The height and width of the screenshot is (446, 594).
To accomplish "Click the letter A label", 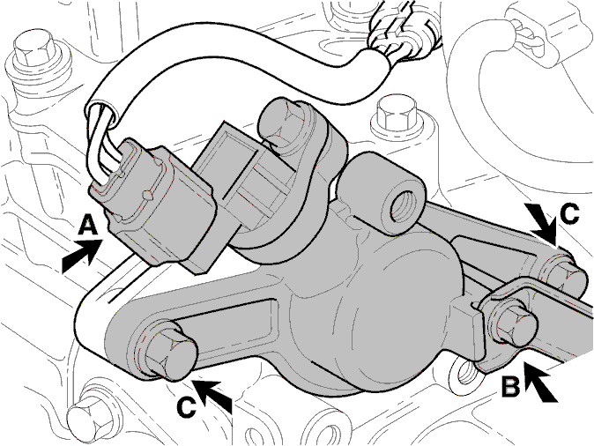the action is point(87,226).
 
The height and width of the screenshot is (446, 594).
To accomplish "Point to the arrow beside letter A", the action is point(84,256).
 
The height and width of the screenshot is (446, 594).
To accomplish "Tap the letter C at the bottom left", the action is point(187,407).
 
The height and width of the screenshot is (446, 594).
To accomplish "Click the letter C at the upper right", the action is point(569,213).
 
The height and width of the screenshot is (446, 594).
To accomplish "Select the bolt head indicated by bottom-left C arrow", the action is point(172,353).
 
